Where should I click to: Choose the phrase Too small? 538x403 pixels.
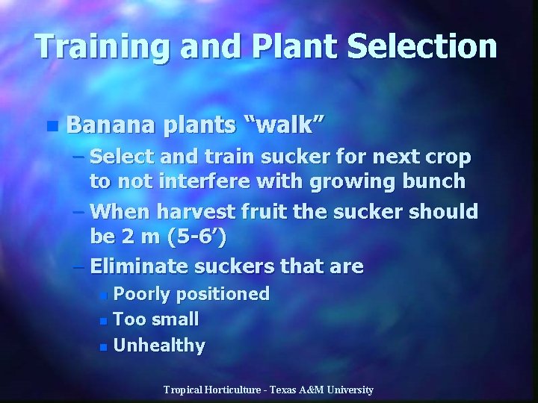pos(155,319)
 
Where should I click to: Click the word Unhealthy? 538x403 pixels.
pos(159,345)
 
